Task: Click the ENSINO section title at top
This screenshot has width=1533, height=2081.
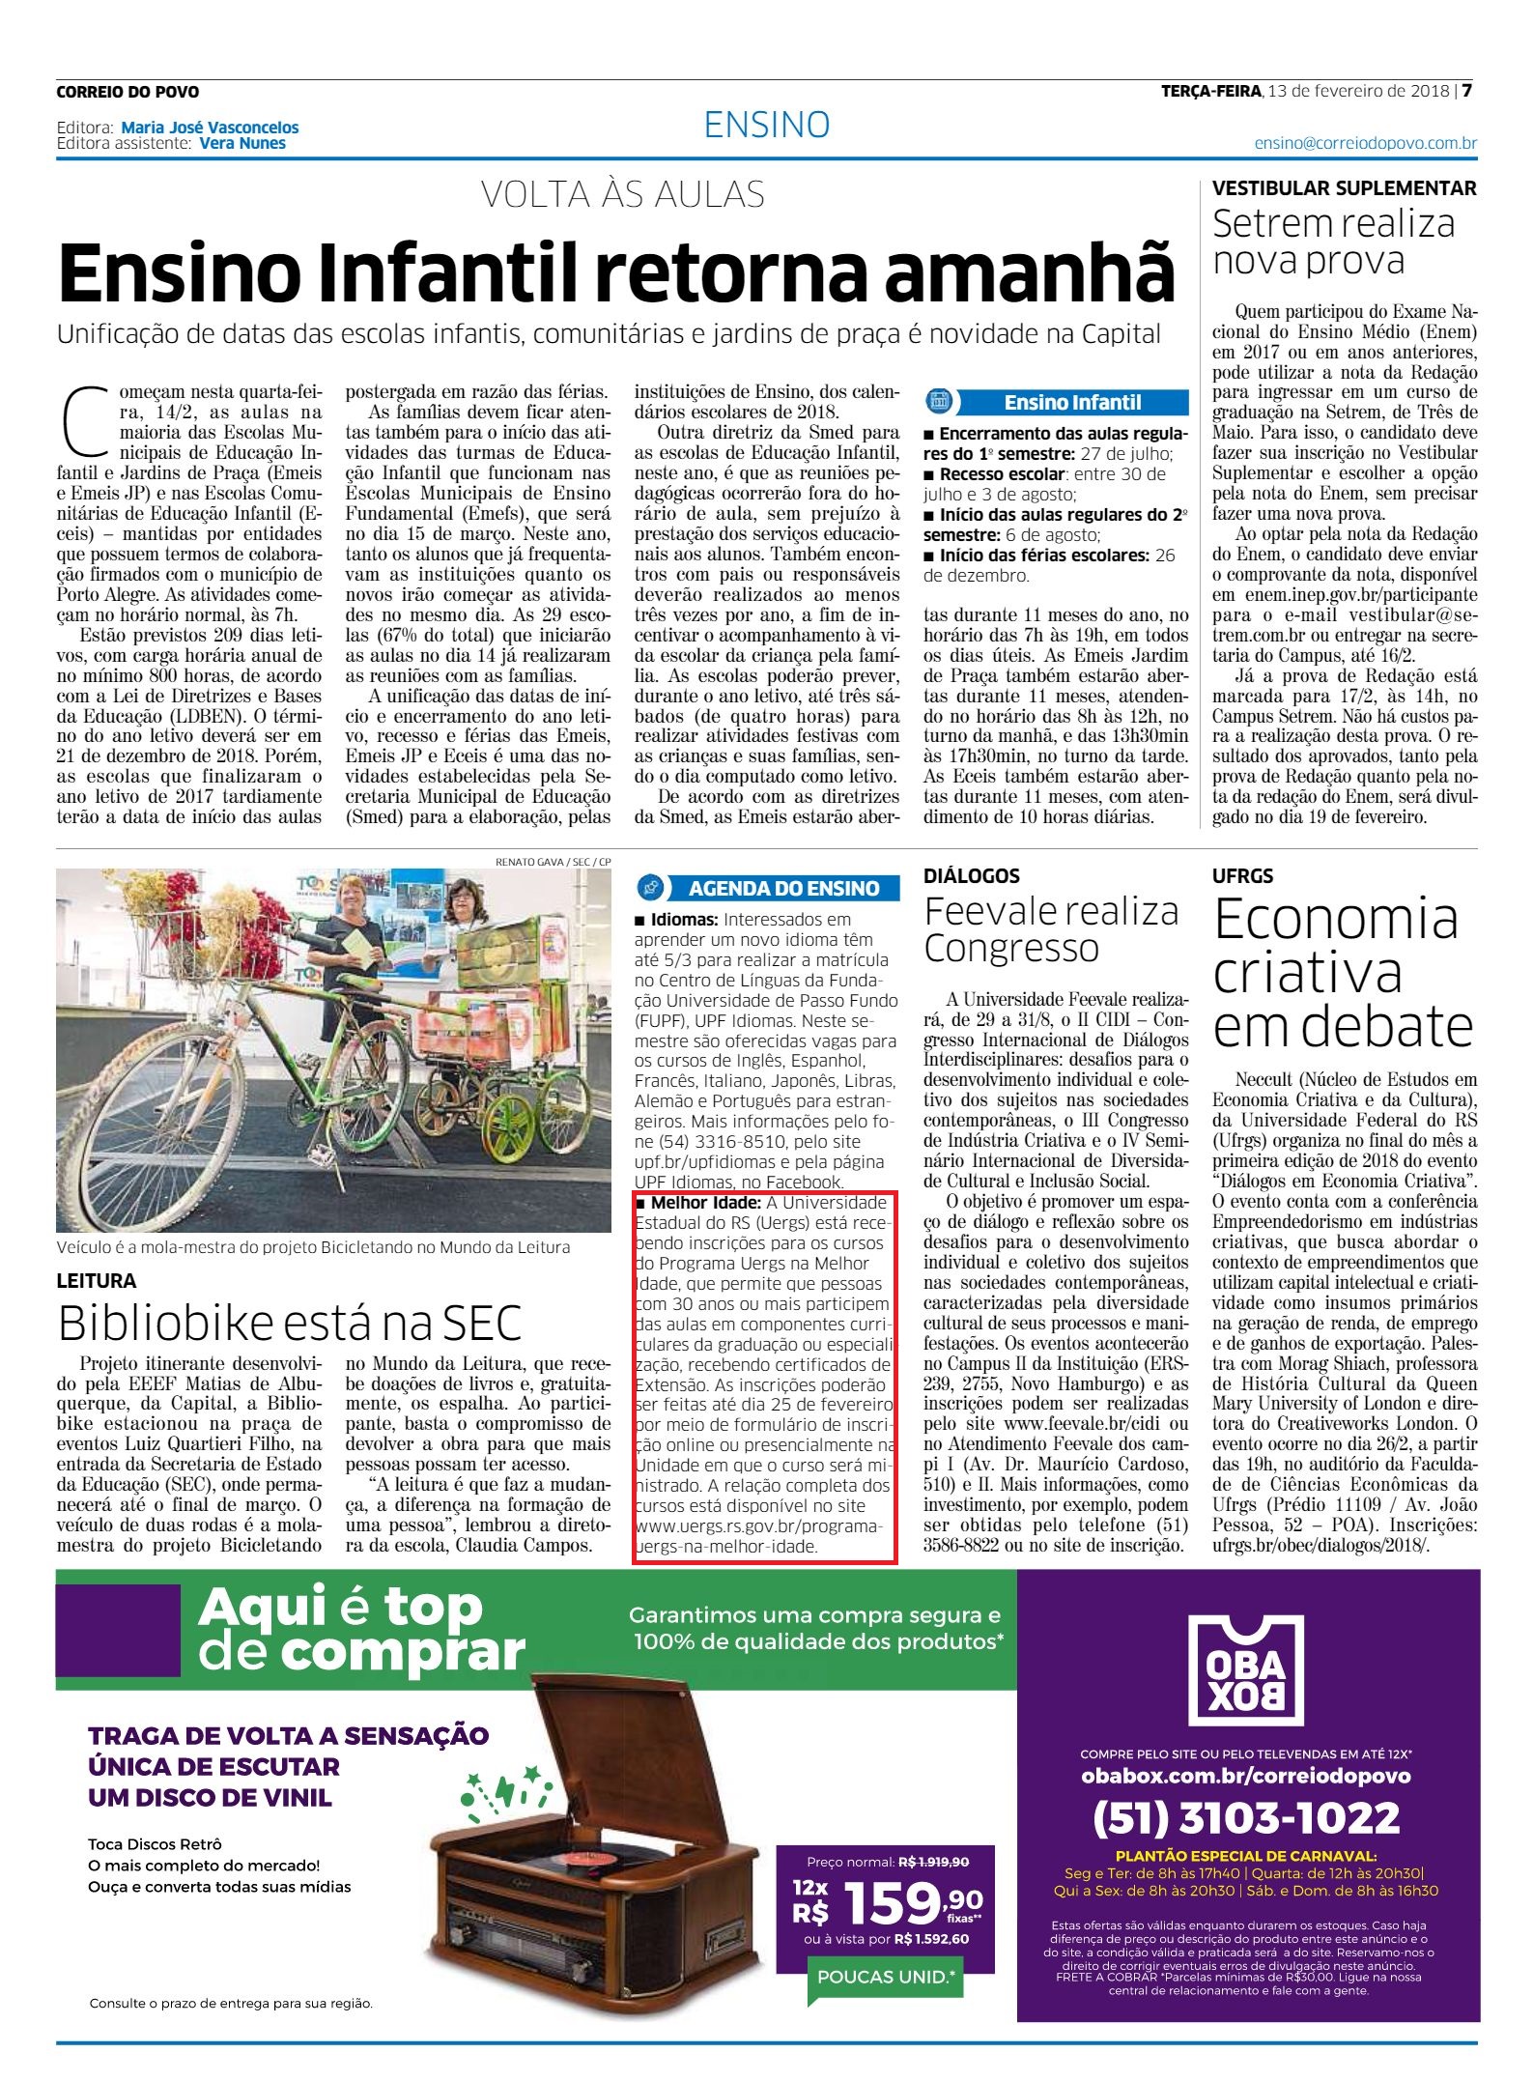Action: click(x=767, y=125)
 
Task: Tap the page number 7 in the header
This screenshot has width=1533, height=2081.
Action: click(x=1466, y=91)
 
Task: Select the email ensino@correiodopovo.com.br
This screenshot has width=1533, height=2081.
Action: click(x=1365, y=143)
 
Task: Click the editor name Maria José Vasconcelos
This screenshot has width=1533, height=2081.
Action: click(x=210, y=127)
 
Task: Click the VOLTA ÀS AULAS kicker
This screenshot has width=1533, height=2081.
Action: click(x=623, y=194)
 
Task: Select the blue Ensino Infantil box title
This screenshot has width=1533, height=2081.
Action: click(x=1071, y=402)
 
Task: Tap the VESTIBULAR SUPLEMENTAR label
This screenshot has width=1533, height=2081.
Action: click(x=1344, y=188)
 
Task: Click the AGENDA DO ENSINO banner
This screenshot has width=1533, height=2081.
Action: click(x=782, y=888)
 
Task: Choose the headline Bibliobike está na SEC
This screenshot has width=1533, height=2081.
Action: click(x=290, y=1323)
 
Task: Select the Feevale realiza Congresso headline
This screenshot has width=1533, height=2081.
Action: click(x=1050, y=929)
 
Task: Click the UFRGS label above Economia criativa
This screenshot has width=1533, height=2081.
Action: click(x=1242, y=875)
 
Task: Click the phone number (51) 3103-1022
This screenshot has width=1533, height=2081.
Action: click(x=1246, y=1817)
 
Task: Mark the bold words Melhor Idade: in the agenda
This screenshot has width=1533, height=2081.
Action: click(x=706, y=1203)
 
